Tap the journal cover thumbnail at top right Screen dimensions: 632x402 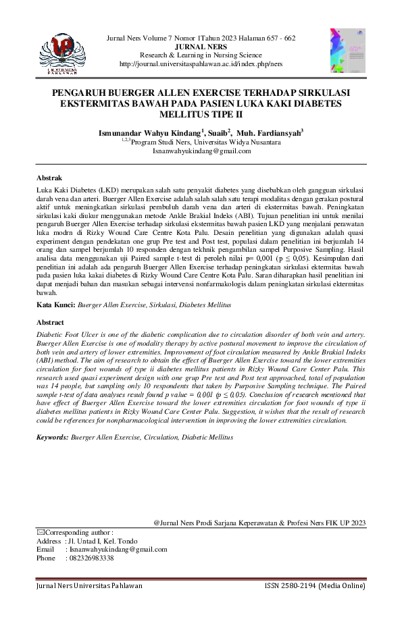click(x=347, y=51)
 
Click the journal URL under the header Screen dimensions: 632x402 click(x=201, y=63)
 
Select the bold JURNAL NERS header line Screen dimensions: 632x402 click(x=201, y=47)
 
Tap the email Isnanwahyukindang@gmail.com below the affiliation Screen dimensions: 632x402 click(x=201, y=151)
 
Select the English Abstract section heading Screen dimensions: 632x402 click(x=51, y=323)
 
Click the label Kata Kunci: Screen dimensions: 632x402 click(x=56, y=305)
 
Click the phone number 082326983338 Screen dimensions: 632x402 click(x=91, y=558)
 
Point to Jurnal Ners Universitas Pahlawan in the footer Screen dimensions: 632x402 click(x=89, y=585)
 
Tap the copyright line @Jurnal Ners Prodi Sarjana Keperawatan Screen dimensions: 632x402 click(x=259, y=523)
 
